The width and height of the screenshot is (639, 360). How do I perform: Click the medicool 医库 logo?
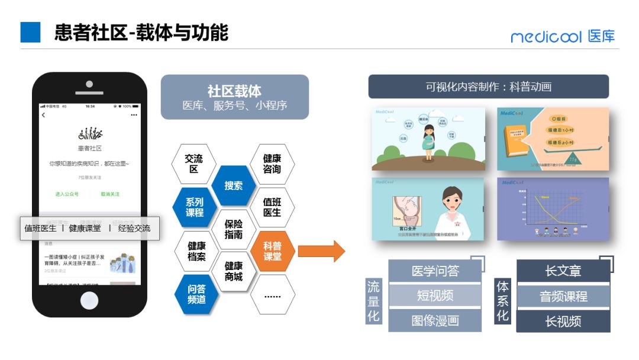(x=563, y=36)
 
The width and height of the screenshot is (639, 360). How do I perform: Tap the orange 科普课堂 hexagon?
(x=272, y=251)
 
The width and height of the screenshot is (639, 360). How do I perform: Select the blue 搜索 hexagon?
(x=233, y=185)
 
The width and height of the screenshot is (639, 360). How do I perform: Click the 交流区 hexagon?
(x=194, y=163)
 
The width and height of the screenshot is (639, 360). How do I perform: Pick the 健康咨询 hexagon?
(x=272, y=163)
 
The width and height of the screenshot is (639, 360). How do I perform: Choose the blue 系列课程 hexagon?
(x=194, y=207)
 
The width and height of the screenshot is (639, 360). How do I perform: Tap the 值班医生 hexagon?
(x=272, y=207)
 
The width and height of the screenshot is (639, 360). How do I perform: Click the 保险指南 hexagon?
(x=233, y=229)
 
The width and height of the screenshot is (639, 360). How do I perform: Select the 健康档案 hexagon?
(x=194, y=251)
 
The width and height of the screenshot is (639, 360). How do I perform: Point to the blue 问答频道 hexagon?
(x=194, y=294)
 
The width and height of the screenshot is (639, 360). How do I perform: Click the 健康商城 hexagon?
(x=233, y=272)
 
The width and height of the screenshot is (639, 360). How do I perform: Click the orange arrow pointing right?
(x=321, y=251)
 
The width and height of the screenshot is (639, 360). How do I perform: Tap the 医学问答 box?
(x=435, y=271)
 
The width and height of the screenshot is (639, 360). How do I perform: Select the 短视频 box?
(x=435, y=296)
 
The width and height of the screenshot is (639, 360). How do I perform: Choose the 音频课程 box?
(x=563, y=296)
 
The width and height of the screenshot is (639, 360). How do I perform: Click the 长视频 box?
(x=563, y=322)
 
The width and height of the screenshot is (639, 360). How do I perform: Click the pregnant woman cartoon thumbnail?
(x=428, y=139)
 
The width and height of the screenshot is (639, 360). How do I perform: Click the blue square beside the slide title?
(x=30, y=33)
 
